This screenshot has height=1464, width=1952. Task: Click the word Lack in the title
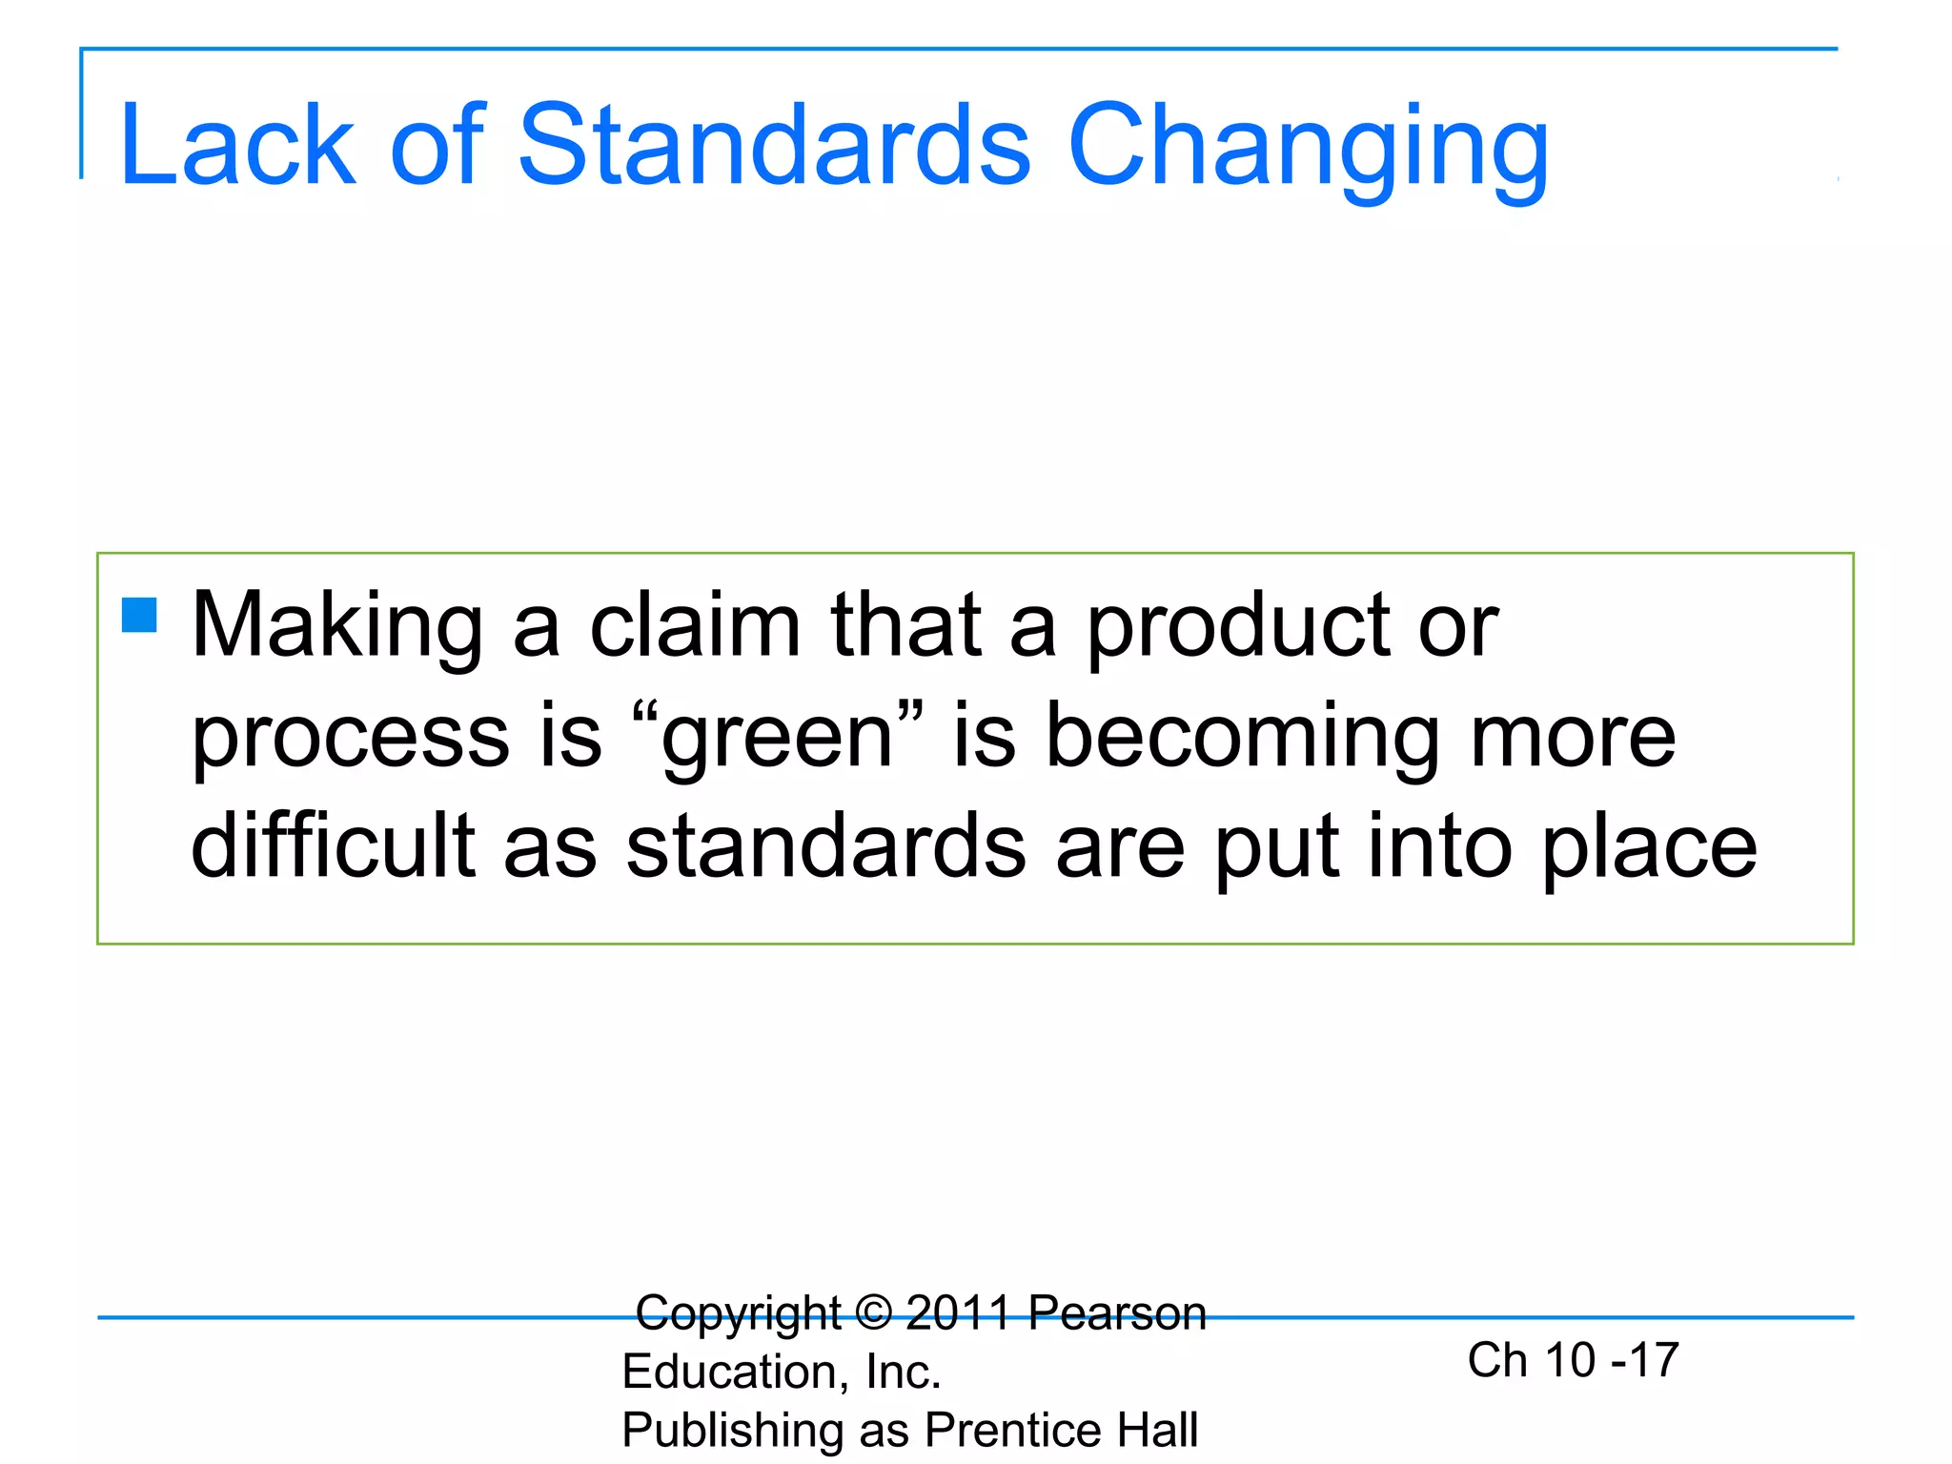(x=237, y=145)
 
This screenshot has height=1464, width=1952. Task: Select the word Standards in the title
(x=773, y=145)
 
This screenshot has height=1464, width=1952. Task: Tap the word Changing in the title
(x=1308, y=149)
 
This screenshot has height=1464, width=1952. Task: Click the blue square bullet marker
(x=139, y=615)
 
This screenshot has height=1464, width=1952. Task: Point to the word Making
(x=337, y=628)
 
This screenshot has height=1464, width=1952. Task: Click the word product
(x=1238, y=628)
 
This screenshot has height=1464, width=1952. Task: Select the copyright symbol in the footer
(x=873, y=1312)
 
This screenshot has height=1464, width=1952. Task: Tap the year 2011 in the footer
(x=958, y=1312)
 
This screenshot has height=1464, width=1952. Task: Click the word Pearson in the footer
(x=1117, y=1312)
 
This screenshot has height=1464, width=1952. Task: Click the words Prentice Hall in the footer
(x=1061, y=1430)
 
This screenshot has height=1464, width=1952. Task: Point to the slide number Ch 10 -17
(x=1573, y=1359)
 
